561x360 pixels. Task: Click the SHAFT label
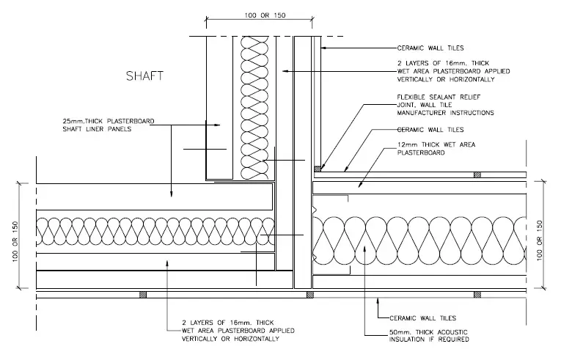144,76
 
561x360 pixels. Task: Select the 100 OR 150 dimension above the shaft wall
265,15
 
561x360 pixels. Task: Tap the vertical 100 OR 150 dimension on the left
15,241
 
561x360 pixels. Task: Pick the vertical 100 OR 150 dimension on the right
540,240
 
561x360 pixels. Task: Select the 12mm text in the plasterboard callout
407,144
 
